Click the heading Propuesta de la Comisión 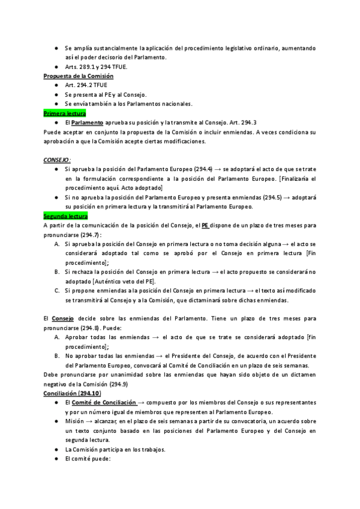point(79,76)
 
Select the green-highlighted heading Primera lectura point(65,113)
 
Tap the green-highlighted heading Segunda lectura point(66,215)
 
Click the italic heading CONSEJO point(57,160)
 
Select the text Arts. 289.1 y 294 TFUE point(96,67)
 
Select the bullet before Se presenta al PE point(55,95)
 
